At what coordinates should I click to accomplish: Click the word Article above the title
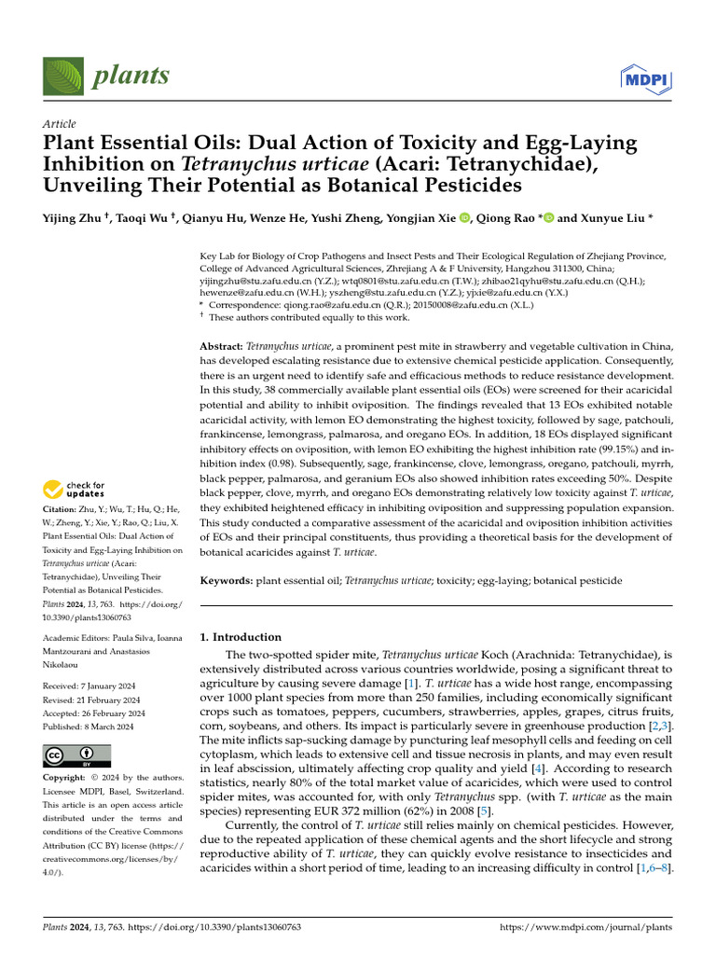(60, 124)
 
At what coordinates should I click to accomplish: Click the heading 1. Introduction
(241, 637)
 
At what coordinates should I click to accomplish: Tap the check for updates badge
(77, 489)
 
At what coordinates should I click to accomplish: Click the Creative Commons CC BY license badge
(76, 754)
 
